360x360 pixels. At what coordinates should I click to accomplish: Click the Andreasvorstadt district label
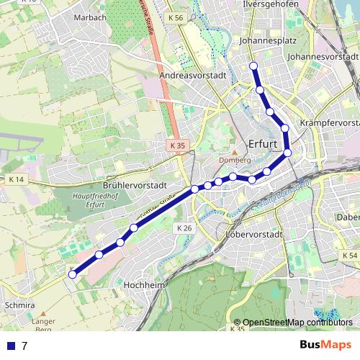[194, 75]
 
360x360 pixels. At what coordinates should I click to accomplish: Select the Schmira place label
[19, 305]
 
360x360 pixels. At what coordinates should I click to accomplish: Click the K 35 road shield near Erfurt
[178, 145]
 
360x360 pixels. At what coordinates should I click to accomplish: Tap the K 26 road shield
[184, 228]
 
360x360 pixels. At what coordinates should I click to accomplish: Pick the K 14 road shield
[16, 179]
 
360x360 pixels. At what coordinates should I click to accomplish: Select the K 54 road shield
[348, 256]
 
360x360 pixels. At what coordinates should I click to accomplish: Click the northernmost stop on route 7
[253, 67]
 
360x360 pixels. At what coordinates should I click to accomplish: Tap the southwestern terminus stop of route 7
[72, 274]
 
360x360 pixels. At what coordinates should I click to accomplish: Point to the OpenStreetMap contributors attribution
[298, 322]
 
